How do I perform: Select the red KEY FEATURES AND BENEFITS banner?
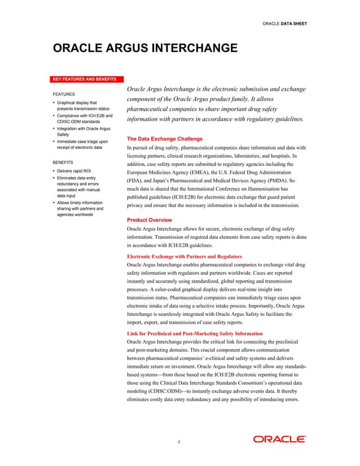click(84, 78)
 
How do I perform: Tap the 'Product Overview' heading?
click(150, 219)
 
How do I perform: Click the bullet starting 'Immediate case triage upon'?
click(82, 144)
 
